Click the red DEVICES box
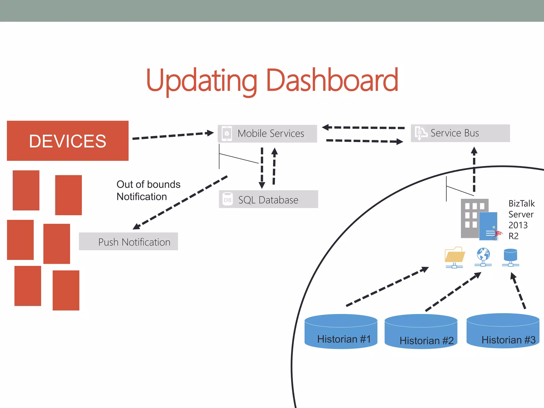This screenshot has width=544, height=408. [67, 141]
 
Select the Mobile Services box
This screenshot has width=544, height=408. [267, 133]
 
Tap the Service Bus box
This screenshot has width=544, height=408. [460, 133]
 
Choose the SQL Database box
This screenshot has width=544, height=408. [268, 199]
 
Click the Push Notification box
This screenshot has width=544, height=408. [129, 241]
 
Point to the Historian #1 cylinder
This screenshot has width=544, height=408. [341, 332]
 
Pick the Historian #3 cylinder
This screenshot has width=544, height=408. [503, 331]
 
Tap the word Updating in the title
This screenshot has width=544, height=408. [201, 80]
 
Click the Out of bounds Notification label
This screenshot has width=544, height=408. [148, 190]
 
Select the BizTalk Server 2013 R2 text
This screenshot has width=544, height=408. [521, 219]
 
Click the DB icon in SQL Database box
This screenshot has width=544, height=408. [227, 200]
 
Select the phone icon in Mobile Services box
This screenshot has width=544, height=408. [227, 133]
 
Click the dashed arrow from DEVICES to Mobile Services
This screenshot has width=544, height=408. [173, 135]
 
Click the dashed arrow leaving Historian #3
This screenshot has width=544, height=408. [518, 291]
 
